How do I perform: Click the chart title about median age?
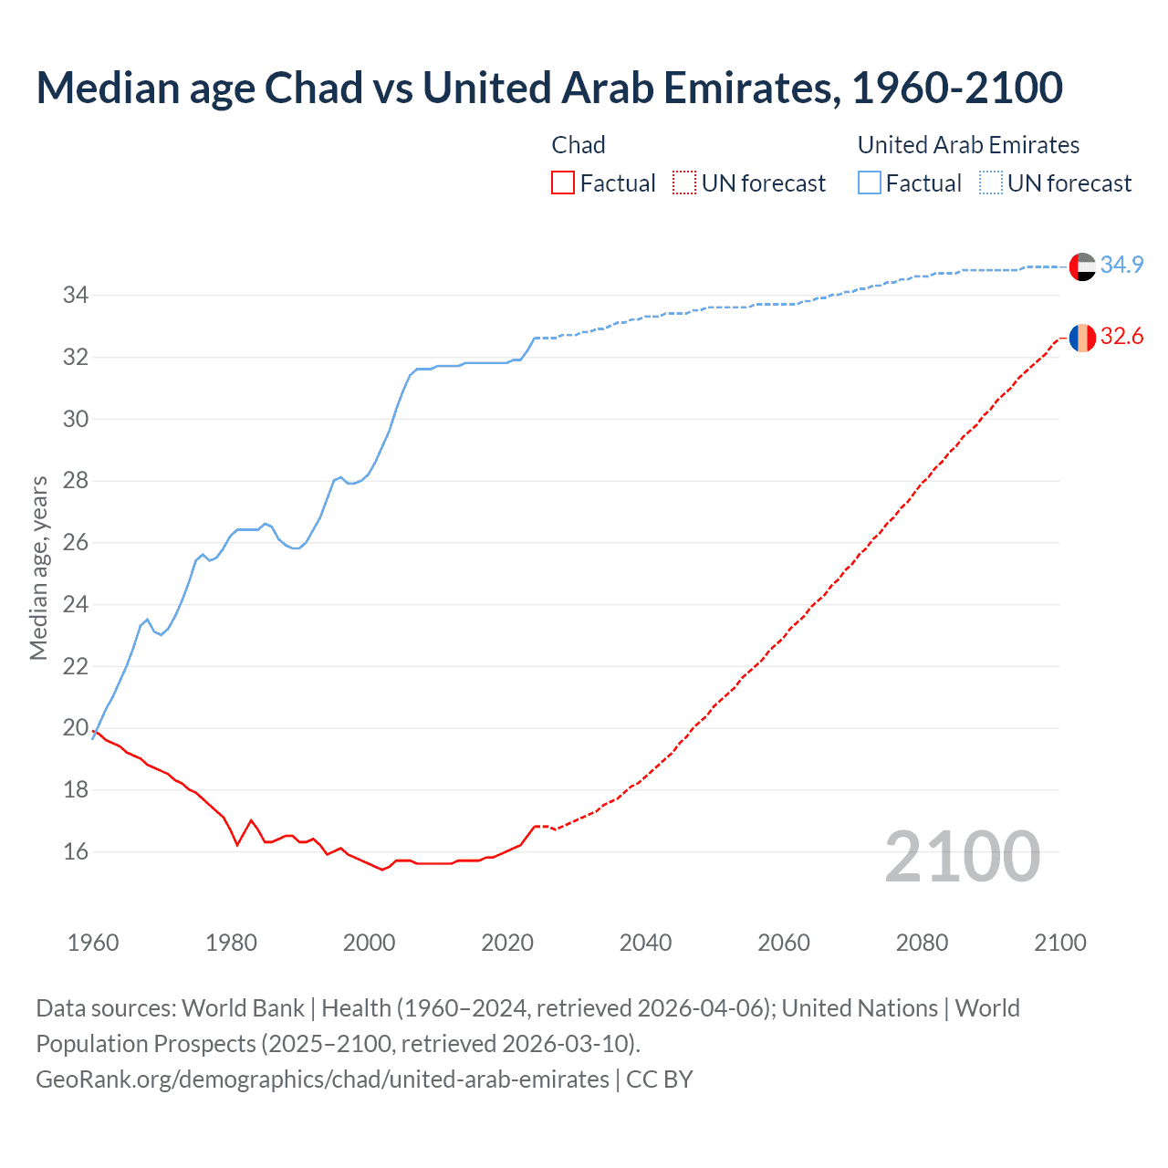[x=549, y=89]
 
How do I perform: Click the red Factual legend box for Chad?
[x=563, y=183]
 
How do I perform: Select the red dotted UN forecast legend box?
[x=683, y=183]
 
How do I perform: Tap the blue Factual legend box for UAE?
[x=870, y=183]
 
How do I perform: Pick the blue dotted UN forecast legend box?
[x=990, y=183]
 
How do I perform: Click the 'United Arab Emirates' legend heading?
[x=968, y=145]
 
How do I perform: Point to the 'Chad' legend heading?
[x=579, y=145]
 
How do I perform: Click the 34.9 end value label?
[x=1121, y=266]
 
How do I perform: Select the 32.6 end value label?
[x=1121, y=337]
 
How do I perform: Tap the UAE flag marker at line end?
[x=1082, y=266]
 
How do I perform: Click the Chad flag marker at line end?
[x=1082, y=338]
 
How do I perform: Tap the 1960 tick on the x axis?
[x=93, y=943]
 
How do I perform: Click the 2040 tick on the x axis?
[x=645, y=943]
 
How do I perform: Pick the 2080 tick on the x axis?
[x=922, y=943]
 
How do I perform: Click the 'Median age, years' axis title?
[x=38, y=568]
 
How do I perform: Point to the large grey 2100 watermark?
[x=962, y=857]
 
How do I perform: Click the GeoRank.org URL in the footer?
[x=322, y=1079]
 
